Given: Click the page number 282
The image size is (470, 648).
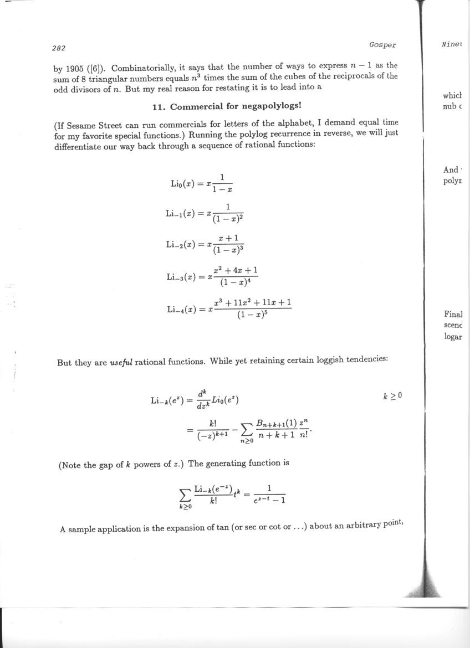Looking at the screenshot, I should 59,48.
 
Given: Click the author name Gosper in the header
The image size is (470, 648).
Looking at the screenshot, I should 382,44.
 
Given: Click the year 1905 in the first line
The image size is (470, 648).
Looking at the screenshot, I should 75,65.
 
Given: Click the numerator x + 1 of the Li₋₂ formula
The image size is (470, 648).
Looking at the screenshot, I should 228,238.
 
